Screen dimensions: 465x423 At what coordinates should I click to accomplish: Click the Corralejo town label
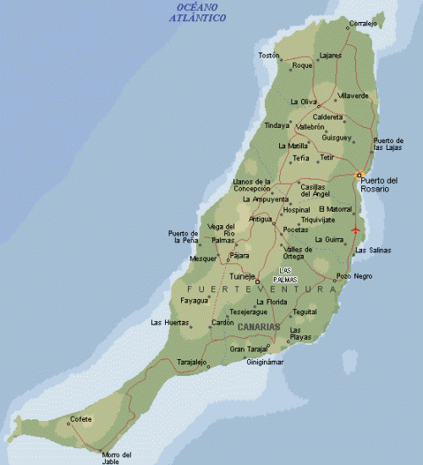(363, 24)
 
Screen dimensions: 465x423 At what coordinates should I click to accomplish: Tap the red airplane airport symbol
(355, 230)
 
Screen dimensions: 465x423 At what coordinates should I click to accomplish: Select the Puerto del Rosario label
(378, 184)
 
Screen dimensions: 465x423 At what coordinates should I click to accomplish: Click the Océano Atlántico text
(196, 12)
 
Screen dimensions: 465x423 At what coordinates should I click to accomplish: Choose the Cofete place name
(81, 418)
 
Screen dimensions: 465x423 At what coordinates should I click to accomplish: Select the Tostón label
(268, 56)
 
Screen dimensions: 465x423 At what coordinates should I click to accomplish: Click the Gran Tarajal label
(248, 348)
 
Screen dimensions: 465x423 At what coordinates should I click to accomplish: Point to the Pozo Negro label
(354, 276)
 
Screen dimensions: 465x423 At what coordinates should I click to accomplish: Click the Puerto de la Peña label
(183, 237)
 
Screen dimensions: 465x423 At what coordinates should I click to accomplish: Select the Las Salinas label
(372, 250)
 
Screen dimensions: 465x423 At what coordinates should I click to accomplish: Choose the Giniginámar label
(265, 363)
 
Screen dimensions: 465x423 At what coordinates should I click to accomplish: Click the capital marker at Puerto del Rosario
(359, 175)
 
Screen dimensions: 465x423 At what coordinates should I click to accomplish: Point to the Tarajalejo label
(191, 362)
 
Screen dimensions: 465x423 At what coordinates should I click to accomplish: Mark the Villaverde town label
(353, 96)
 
